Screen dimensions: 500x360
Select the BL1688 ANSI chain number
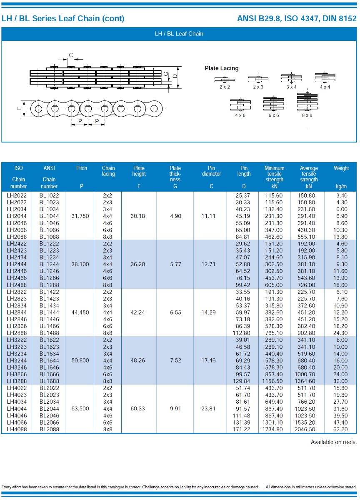pos(49,381)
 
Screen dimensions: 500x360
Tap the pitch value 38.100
pos(80,264)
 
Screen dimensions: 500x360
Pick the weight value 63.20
pos(341,429)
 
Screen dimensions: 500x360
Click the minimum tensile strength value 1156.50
pos(273,381)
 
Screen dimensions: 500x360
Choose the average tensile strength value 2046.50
pos(309,429)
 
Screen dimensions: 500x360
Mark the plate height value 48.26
pos(138,360)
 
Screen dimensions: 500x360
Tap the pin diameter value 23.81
pos(208,409)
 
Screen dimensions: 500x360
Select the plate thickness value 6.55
pos(175,312)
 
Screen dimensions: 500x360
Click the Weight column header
pos(341,168)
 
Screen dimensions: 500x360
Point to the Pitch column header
pos(82,168)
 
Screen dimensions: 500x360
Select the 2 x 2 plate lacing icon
pos(225,80)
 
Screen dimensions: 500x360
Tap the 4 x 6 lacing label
pos(240,115)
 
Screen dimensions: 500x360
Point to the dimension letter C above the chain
pos(71,55)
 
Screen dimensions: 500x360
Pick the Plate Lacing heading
pos(222,68)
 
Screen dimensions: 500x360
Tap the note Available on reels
pos(333,442)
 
